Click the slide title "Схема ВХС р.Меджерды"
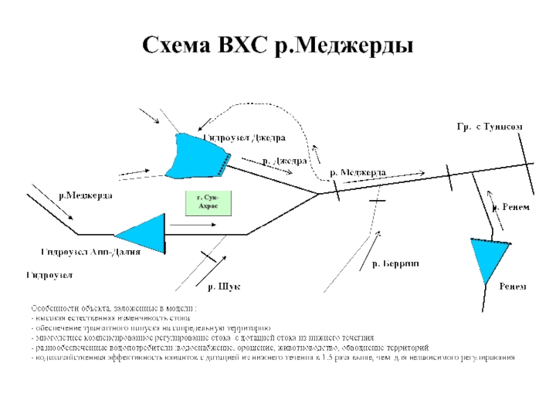tap(278, 46)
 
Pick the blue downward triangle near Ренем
tap(489, 257)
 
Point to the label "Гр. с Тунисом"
tap(489, 126)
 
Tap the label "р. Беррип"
tap(395, 264)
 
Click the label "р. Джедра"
tap(285, 161)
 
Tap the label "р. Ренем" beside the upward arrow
tap(512, 207)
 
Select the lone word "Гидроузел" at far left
tap(49, 276)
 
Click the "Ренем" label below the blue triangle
tap(513, 286)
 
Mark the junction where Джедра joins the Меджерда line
tap(319, 194)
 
